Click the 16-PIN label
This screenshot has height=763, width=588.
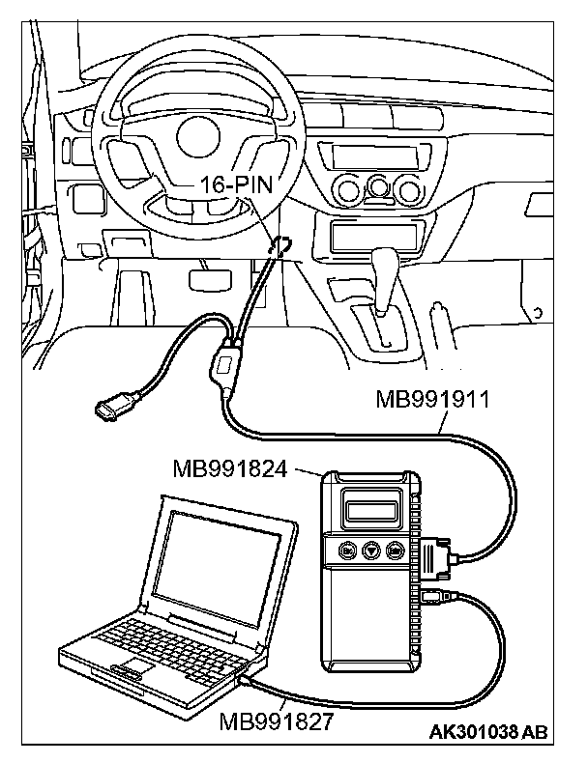233,184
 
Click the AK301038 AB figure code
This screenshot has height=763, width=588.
487,731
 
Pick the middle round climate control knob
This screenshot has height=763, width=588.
375,185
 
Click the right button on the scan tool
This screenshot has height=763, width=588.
395,551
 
